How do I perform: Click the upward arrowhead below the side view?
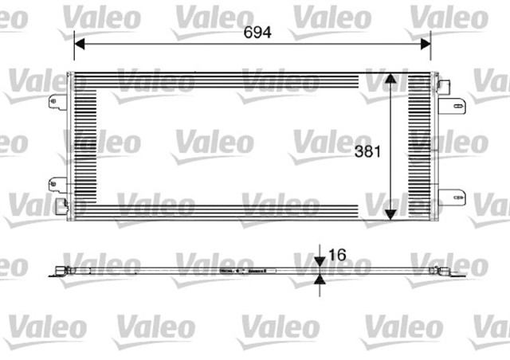click(x=319, y=280)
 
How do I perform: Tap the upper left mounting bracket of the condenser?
click(x=57, y=101)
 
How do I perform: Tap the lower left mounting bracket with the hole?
click(x=57, y=185)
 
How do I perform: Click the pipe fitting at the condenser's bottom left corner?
click(x=61, y=206)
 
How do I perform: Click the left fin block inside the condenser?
click(x=83, y=147)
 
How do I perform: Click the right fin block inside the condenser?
click(x=420, y=147)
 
